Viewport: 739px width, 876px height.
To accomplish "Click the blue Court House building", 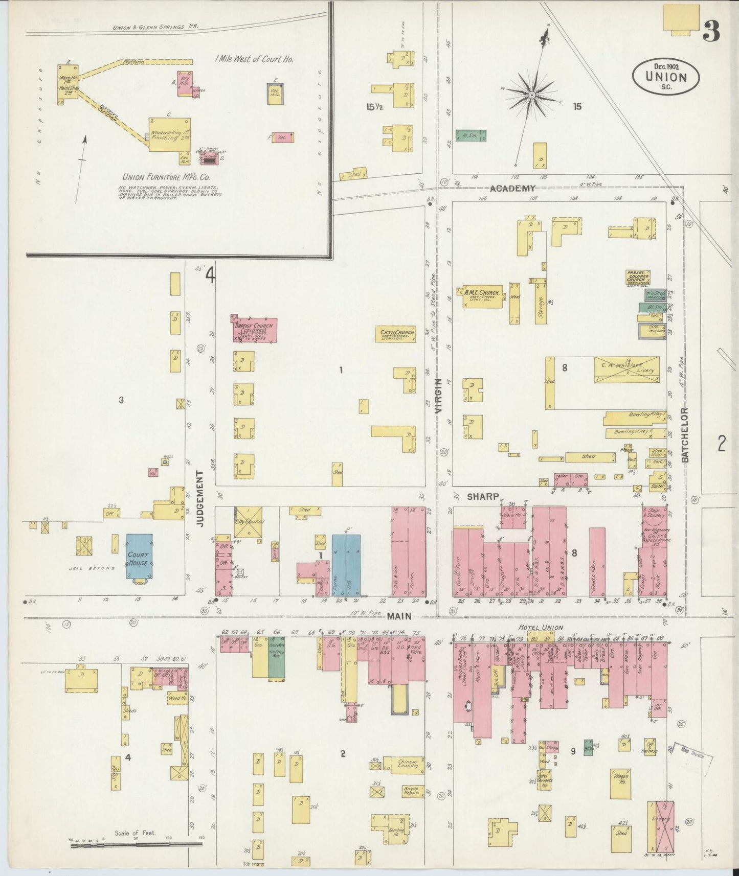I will point(139,557).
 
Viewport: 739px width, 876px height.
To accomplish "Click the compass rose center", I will point(532,95).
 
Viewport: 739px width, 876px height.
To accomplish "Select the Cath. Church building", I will point(396,334).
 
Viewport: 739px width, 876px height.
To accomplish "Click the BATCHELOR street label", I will point(685,435).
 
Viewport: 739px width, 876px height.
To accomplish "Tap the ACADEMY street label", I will point(512,189).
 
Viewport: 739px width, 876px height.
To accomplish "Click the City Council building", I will point(249,522).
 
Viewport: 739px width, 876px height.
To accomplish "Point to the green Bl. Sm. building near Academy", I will point(471,135).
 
